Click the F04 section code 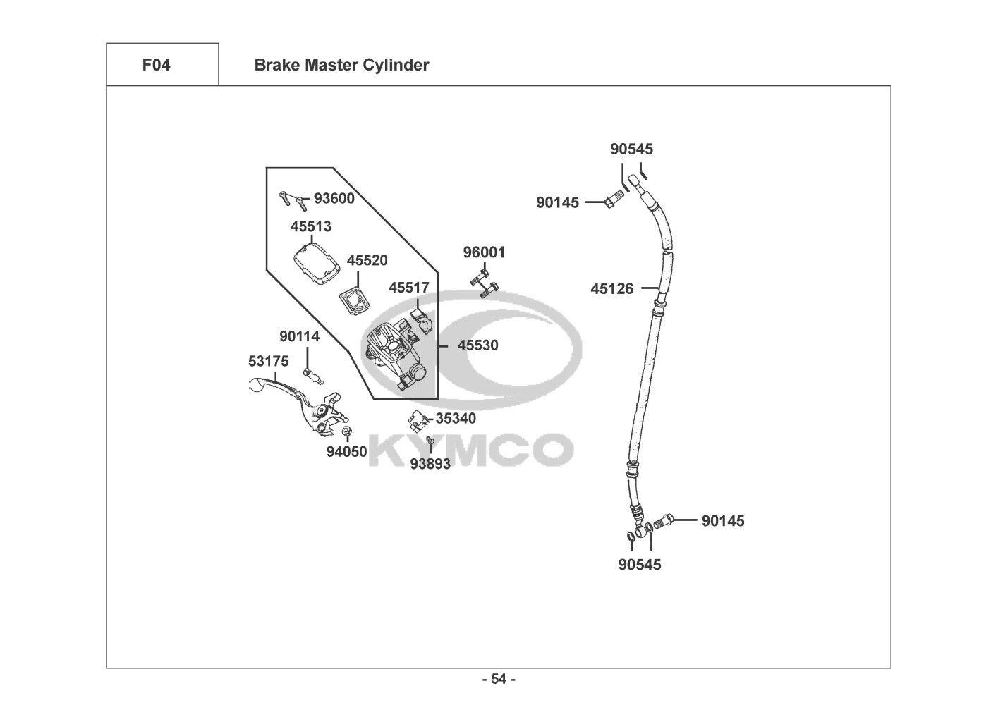tap(156, 66)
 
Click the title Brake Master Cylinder tap(341, 66)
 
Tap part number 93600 tap(334, 199)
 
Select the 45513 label tap(311, 227)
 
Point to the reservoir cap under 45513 tap(317, 264)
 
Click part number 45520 tap(367, 261)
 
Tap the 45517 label tap(409, 288)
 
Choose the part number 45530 tap(477, 345)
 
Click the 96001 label tap(484, 252)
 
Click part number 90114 tap(299, 337)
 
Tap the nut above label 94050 tap(346, 431)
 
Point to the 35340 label tap(456, 418)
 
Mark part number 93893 tap(430, 464)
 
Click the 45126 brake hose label tap(612, 288)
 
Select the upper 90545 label tap(631, 149)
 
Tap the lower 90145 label tap(723, 521)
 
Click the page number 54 tap(499, 680)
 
